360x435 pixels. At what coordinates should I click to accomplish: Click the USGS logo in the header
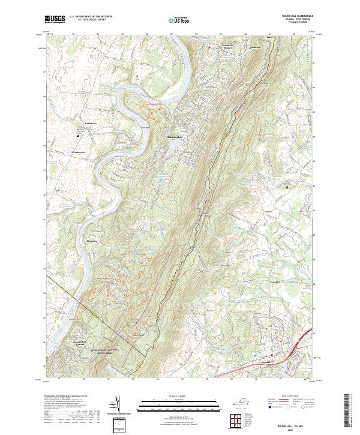point(55,19)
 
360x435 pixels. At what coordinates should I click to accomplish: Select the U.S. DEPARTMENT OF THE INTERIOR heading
point(91,17)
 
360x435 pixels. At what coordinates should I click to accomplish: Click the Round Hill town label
point(266,362)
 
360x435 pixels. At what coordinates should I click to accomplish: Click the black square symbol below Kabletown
point(78,136)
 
